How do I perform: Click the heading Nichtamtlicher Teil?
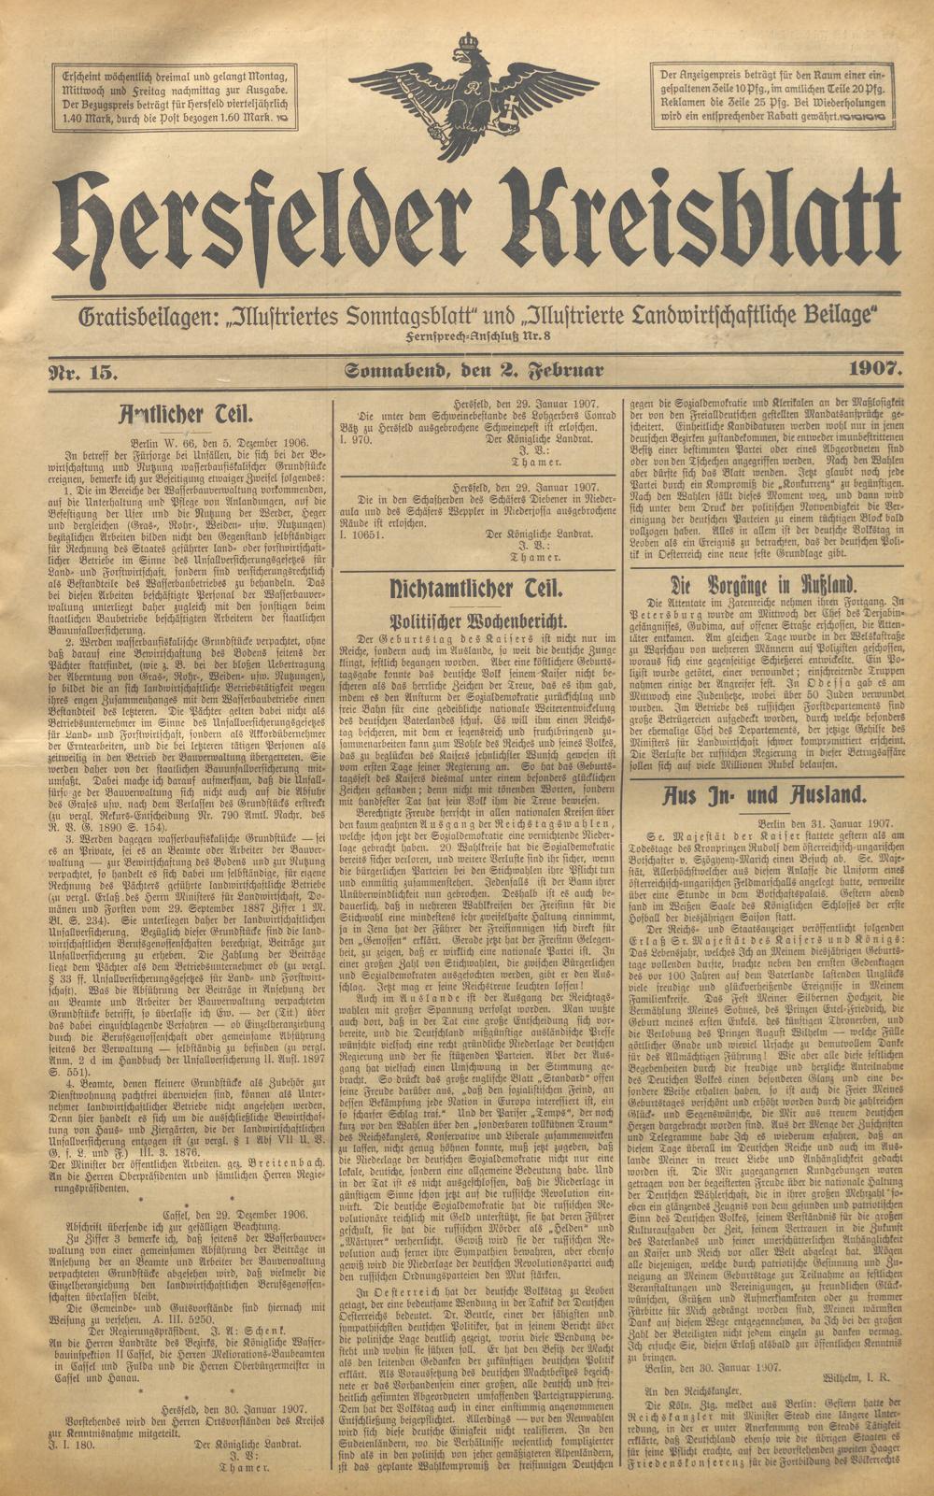(x=475, y=589)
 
